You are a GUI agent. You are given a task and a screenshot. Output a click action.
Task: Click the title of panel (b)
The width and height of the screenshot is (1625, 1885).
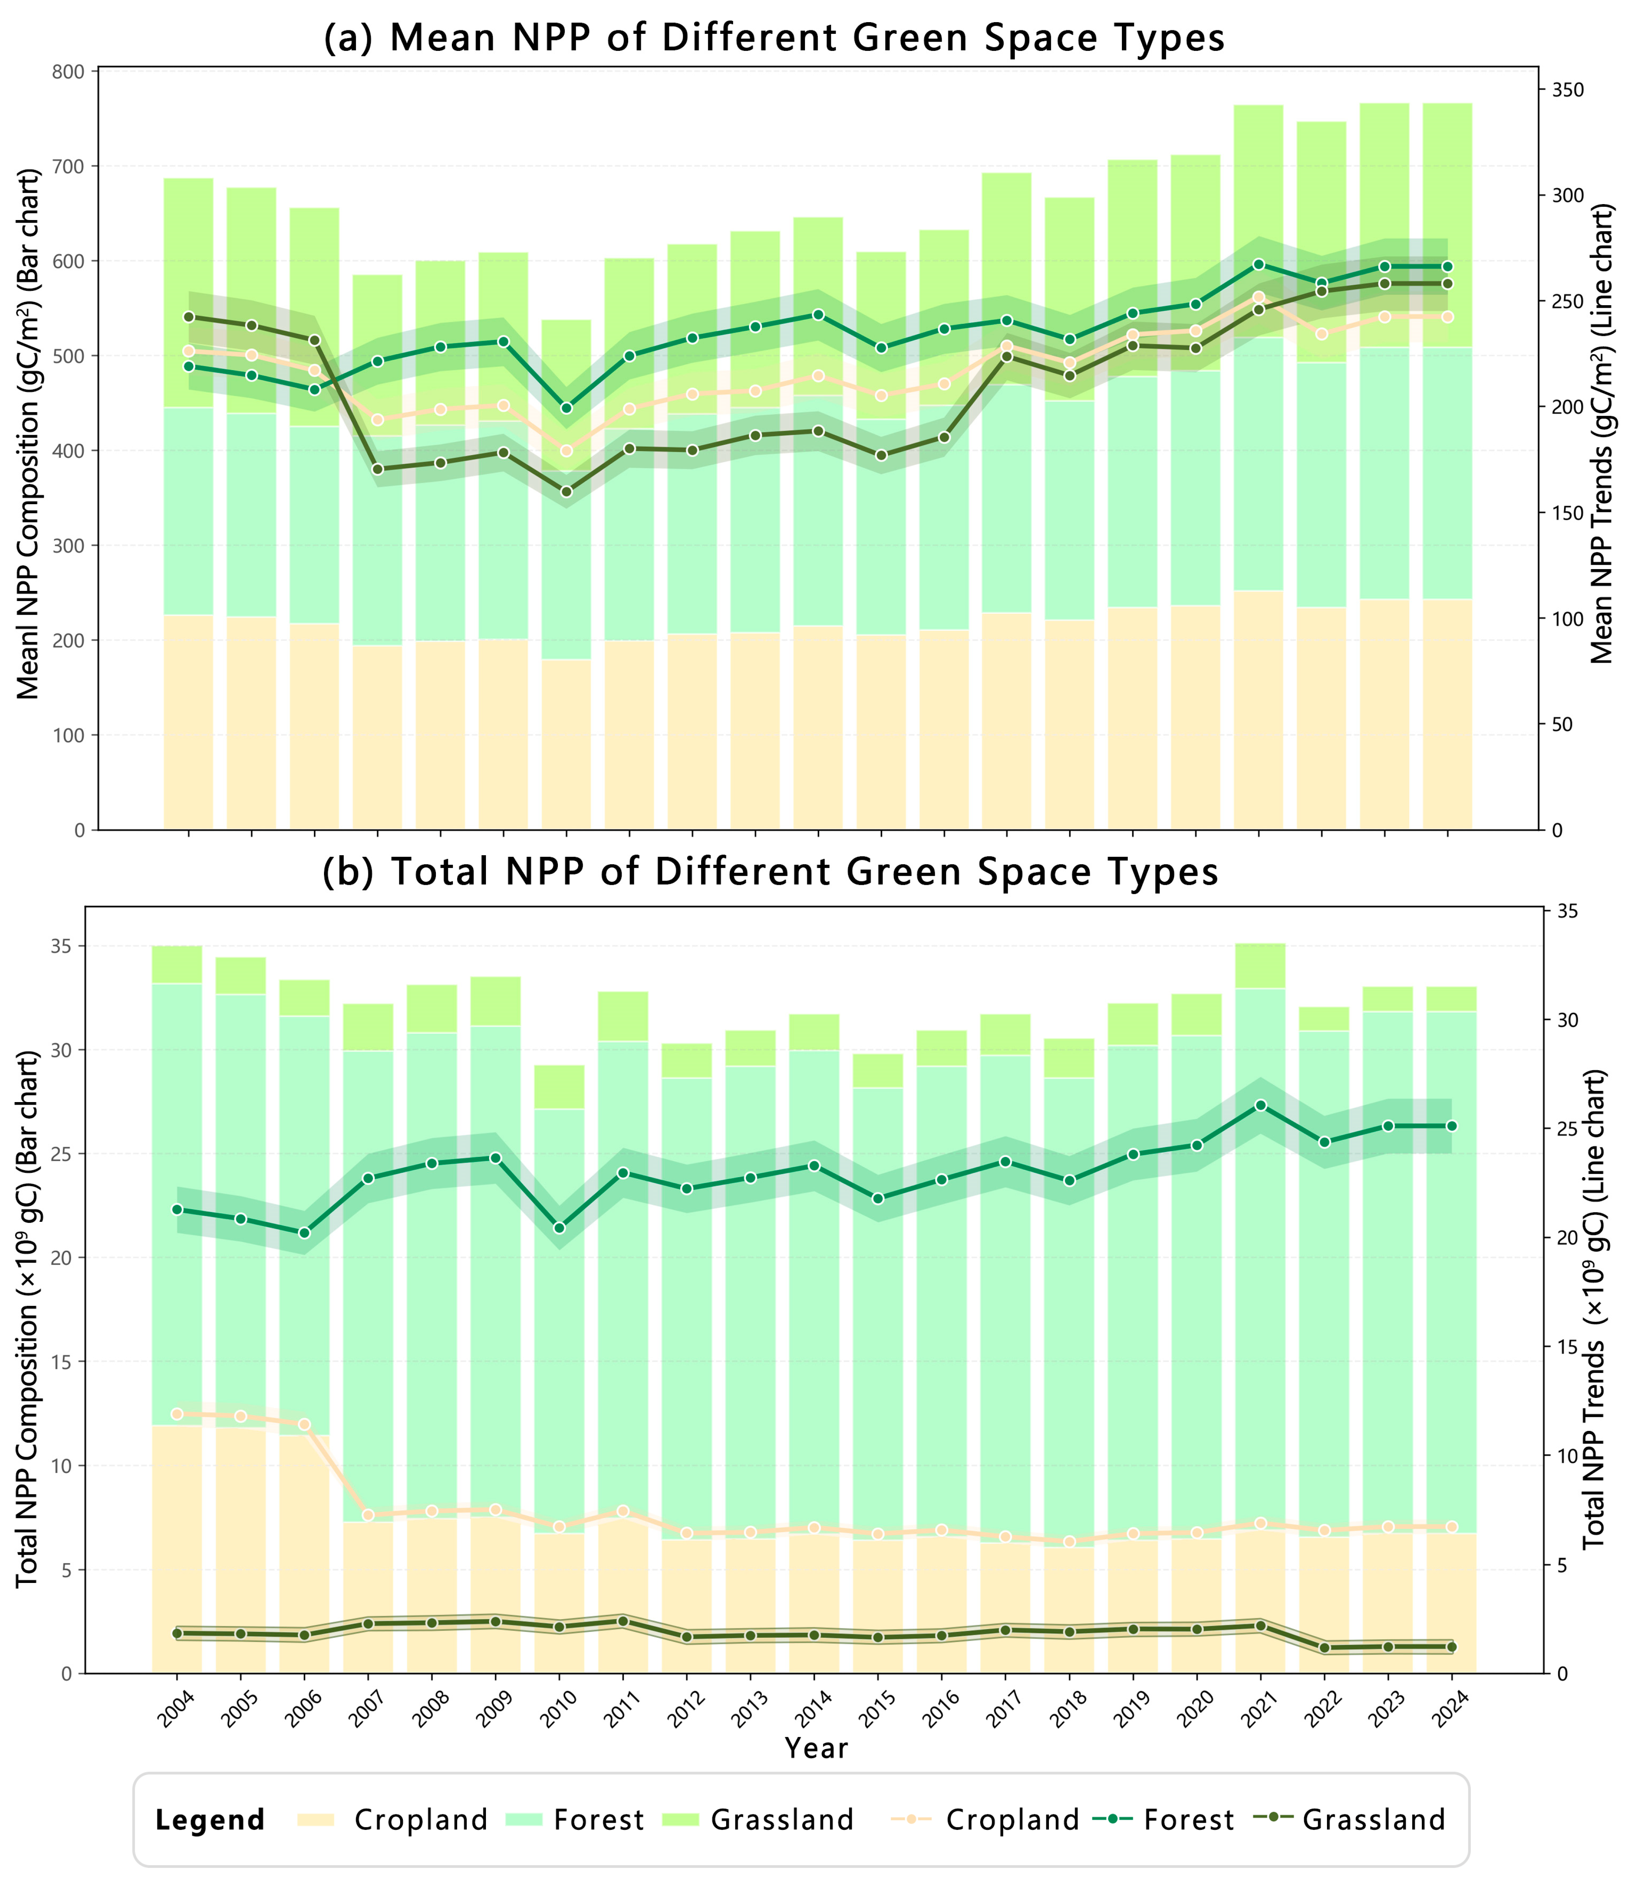point(770,872)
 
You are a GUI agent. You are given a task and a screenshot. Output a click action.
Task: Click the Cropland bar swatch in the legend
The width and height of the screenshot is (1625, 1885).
point(315,1820)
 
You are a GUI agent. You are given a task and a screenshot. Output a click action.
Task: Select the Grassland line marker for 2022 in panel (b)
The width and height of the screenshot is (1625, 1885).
point(1324,1647)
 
